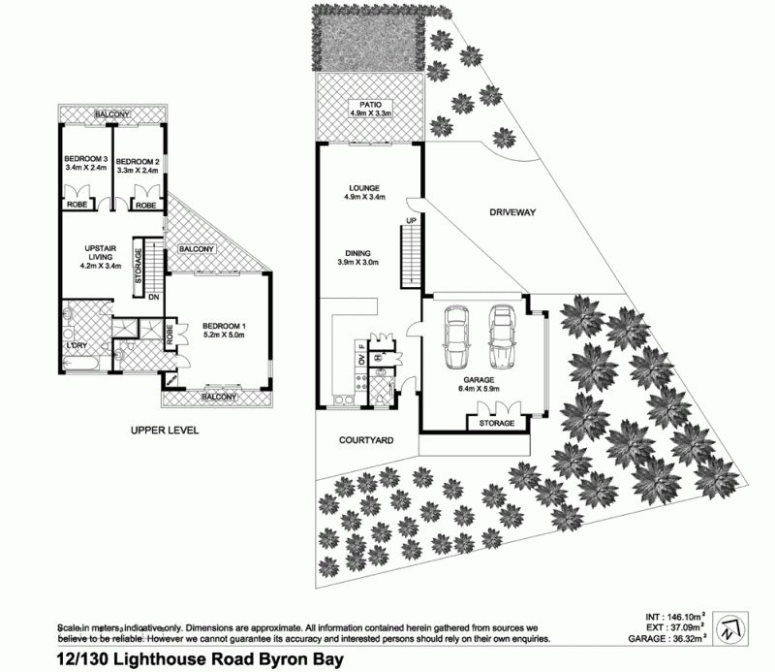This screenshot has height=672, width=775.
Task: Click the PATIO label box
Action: point(371,109)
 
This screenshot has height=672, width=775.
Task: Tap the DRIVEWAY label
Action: point(512,212)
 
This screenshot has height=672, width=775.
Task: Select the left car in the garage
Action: point(456,337)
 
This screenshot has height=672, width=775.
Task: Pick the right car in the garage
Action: point(501,337)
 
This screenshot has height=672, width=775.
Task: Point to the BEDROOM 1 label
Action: point(224,331)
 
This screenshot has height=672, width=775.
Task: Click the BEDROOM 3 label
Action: point(86,163)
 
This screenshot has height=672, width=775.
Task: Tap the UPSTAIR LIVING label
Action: point(101,257)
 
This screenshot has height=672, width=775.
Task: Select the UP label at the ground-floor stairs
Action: point(411,221)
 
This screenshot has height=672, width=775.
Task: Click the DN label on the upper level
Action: point(154,297)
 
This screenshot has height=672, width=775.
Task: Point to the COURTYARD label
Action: point(366,440)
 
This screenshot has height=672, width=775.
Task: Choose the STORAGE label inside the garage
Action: point(497,423)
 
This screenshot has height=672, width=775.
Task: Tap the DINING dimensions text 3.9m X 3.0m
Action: point(358,262)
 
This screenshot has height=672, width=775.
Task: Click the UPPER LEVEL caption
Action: point(165,431)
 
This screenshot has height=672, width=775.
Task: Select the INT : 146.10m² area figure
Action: point(675,617)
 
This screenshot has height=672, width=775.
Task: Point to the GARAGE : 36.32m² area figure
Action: point(666,639)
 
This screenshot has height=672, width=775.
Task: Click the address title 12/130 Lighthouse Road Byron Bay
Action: point(201,659)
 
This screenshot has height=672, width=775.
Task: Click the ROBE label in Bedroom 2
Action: point(146,205)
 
